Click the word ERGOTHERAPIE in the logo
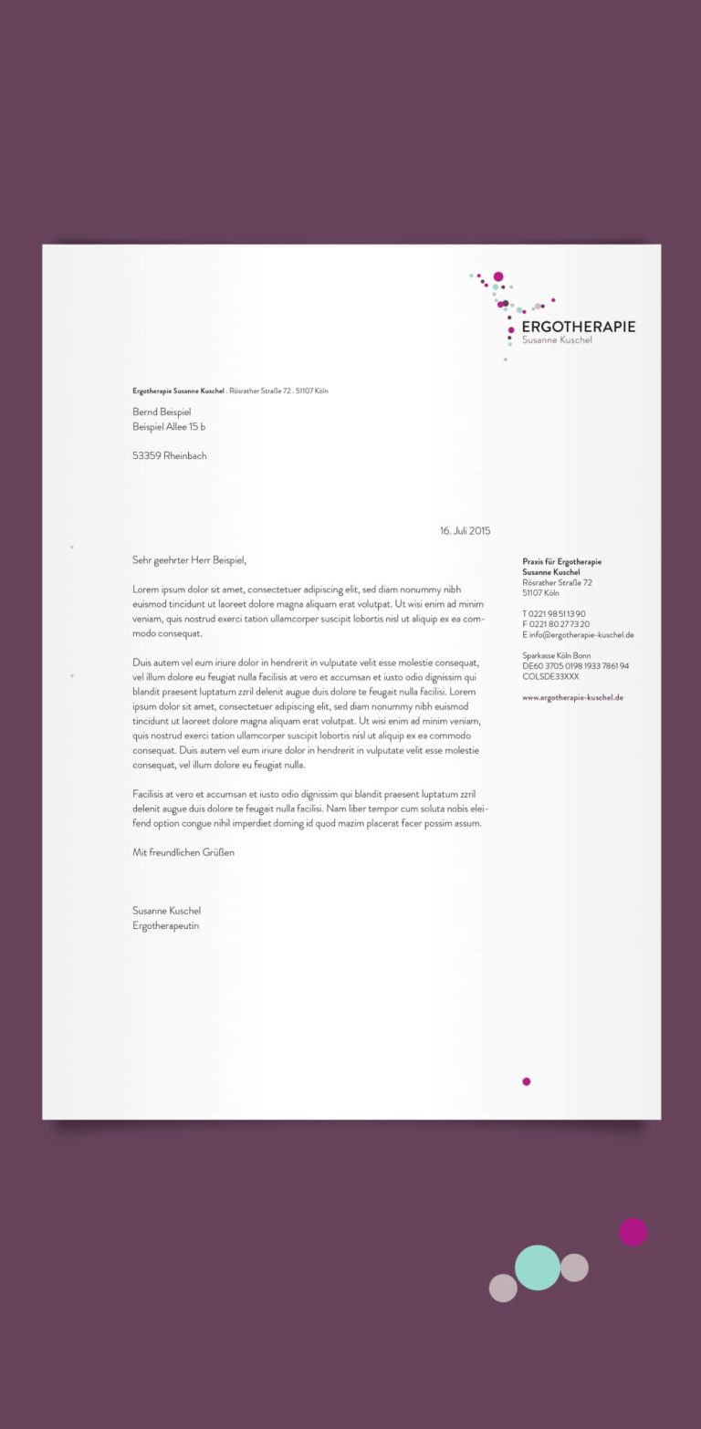tap(579, 327)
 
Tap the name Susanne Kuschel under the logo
tap(557, 340)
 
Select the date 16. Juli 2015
tap(465, 530)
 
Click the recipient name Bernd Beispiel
tap(162, 412)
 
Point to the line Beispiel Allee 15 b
tap(169, 426)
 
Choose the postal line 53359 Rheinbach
tap(169, 455)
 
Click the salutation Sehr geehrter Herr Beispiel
tap(189, 559)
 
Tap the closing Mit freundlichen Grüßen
tap(183, 851)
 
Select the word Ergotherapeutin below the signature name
tap(165, 925)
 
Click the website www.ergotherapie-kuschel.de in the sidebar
tap(572, 697)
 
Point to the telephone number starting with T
tap(554, 613)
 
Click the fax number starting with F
tap(556, 624)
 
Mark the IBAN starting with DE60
tap(575, 666)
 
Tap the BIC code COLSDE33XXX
tap(550, 676)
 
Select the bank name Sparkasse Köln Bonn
tap(556, 655)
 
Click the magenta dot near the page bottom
tap(526, 1081)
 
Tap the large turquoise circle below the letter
tap(538, 1267)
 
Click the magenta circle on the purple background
tap(633, 1232)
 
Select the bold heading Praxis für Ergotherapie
tap(561, 561)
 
